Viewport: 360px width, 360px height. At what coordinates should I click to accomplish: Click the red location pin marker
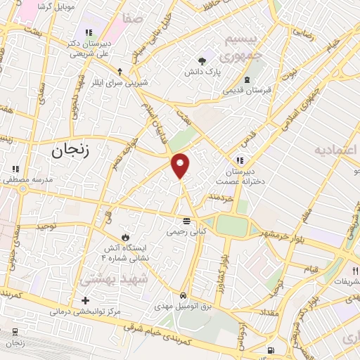(x=181, y=165)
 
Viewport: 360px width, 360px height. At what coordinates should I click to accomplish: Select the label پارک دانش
(x=203, y=72)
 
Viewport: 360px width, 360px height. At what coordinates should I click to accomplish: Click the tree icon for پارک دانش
(x=202, y=60)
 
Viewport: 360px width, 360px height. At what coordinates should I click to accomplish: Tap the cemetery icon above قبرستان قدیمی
(x=245, y=79)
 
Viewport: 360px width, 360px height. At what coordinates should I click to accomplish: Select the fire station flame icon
(x=125, y=236)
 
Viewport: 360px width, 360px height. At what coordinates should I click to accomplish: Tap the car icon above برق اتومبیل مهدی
(x=183, y=295)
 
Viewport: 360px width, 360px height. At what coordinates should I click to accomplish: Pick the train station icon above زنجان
(x=15, y=332)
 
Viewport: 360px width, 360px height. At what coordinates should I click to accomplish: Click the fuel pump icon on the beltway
(x=271, y=350)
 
